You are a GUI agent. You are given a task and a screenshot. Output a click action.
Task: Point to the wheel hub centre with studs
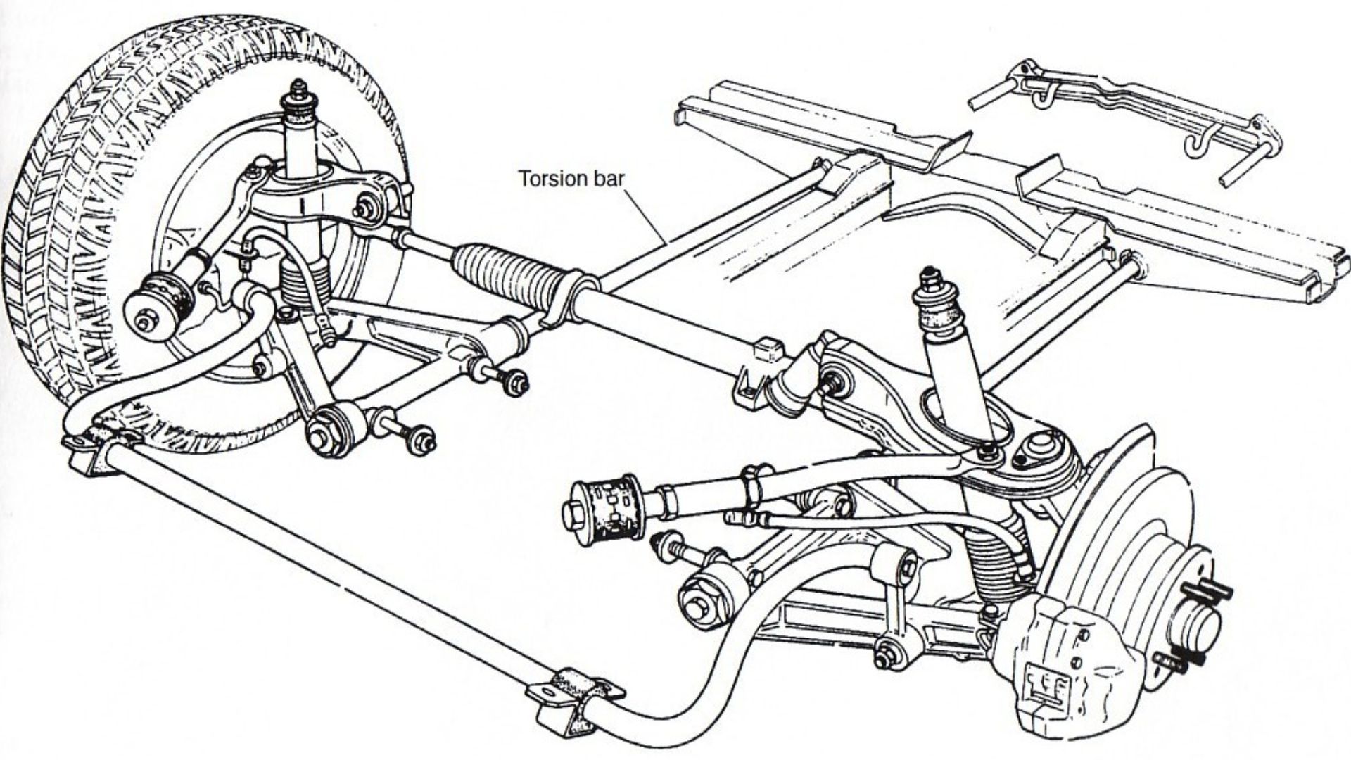pyautogui.click(x=1200, y=623)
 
